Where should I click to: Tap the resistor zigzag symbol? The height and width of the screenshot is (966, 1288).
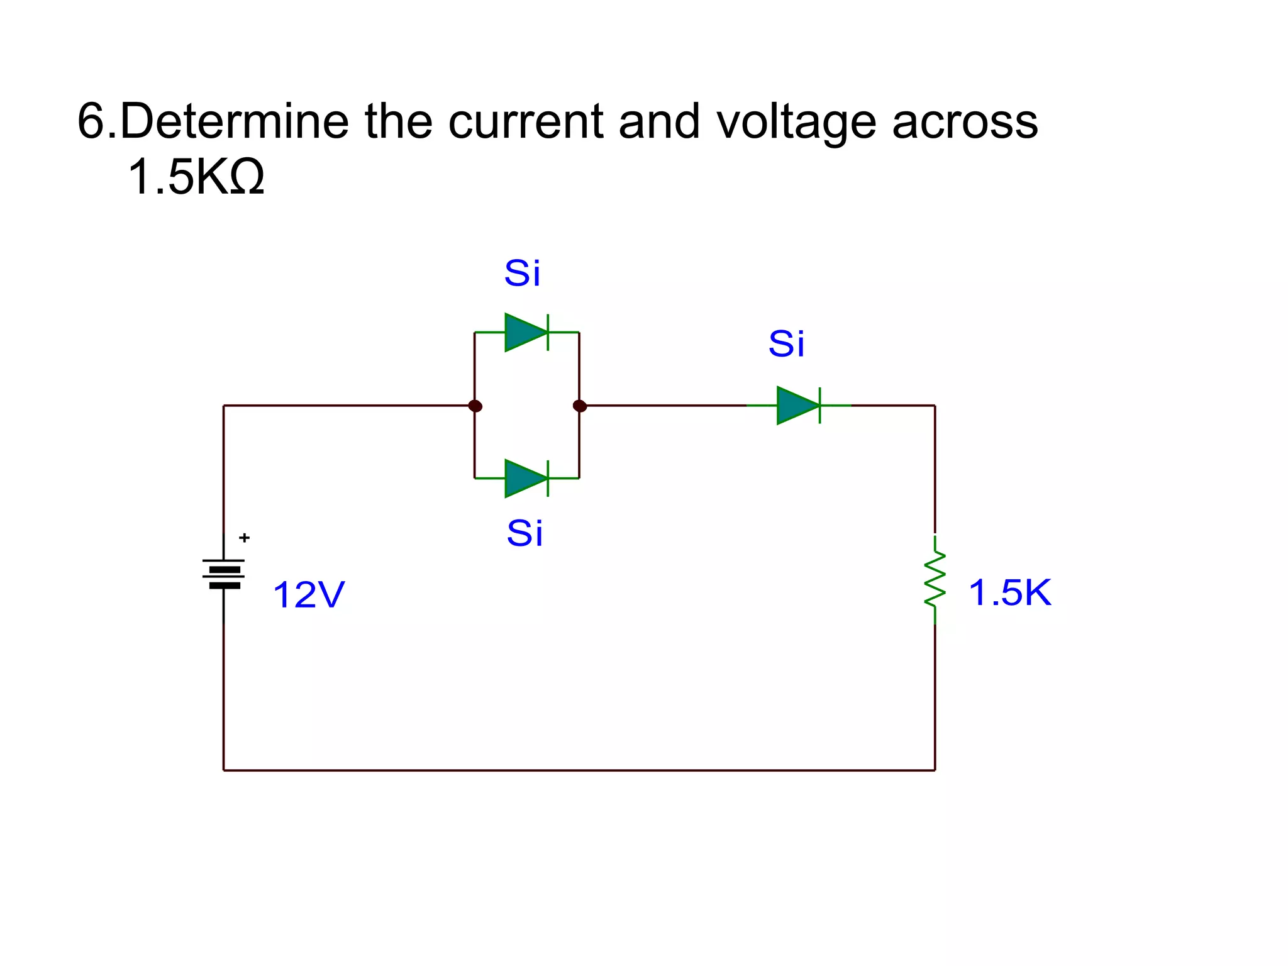(x=935, y=579)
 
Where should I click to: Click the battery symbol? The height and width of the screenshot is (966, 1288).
(x=224, y=573)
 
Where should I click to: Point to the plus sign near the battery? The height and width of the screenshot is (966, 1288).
(x=245, y=538)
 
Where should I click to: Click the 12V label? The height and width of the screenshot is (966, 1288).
(x=309, y=594)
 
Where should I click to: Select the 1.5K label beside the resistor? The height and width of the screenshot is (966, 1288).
(x=1009, y=592)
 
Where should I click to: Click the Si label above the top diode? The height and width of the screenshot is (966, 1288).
(x=522, y=273)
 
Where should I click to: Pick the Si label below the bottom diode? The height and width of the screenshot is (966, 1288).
(x=525, y=533)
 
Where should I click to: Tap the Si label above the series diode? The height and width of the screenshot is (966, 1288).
(x=786, y=344)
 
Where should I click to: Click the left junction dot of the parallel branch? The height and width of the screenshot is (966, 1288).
(x=475, y=406)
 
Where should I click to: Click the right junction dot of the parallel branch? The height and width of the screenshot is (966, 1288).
(x=580, y=406)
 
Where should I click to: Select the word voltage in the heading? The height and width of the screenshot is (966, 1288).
(x=796, y=122)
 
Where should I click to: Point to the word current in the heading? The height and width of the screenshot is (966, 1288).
(x=526, y=121)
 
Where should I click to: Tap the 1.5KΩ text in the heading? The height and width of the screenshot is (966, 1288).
(x=196, y=177)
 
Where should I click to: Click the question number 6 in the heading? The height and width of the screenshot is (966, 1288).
(x=91, y=121)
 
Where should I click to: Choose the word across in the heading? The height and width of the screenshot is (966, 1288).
(x=965, y=122)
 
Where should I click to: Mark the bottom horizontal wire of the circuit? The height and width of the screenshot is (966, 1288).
(x=579, y=770)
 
